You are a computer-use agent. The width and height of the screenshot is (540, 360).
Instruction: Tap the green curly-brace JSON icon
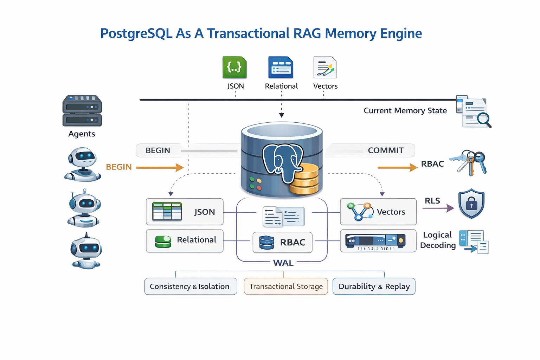point(234,67)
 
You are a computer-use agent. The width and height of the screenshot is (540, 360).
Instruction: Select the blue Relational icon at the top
point(281,67)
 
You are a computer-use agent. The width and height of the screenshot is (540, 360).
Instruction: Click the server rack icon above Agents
point(82,111)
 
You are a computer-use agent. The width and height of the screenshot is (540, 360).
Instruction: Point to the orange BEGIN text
point(119,167)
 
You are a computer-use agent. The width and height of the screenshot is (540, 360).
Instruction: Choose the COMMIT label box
point(385,150)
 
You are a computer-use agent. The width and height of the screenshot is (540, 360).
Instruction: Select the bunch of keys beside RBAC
point(470,163)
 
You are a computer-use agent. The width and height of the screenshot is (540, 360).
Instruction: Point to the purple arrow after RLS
point(438,208)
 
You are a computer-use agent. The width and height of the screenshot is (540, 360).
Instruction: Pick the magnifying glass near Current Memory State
point(484,120)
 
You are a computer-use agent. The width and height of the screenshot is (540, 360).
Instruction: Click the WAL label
point(283,263)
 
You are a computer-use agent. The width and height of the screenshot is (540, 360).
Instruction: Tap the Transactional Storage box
point(286,287)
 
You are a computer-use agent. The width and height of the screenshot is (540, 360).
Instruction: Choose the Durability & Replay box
point(374,287)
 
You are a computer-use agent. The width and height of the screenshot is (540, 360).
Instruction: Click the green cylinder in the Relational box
point(163,242)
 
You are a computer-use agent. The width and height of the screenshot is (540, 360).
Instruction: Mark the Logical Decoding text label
point(438,240)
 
